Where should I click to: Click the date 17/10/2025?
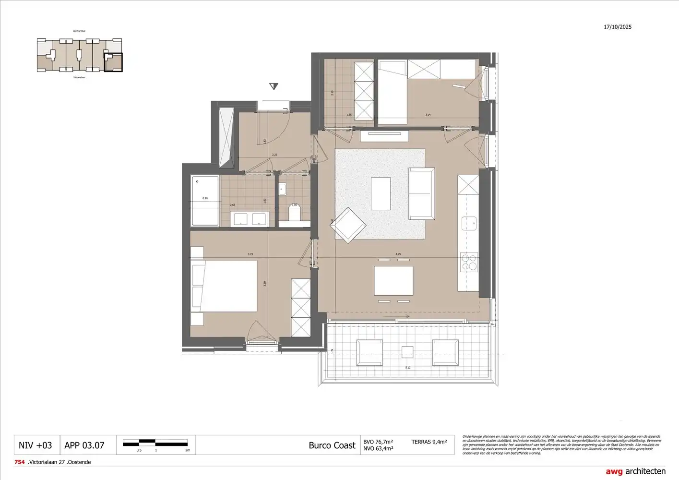[617, 27]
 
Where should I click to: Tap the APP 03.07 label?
[84, 445]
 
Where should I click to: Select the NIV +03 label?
[35, 445]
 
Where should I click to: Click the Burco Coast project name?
[332, 445]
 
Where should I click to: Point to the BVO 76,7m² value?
[378, 442]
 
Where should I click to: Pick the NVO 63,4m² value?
[378, 449]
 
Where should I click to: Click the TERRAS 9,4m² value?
[429, 442]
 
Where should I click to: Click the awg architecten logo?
[635, 471]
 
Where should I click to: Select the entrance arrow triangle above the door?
[274, 86]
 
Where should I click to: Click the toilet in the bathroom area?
[295, 212]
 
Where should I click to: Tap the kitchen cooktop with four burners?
[469, 263]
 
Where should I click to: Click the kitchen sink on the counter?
[469, 223]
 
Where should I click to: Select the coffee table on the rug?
[381, 193]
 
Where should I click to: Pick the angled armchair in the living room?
[349, 225]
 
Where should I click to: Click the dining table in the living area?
[393, 281]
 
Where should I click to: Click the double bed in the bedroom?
[224, 286]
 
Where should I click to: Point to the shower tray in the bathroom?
[205, 201]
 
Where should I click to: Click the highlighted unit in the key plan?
[113, 62]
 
